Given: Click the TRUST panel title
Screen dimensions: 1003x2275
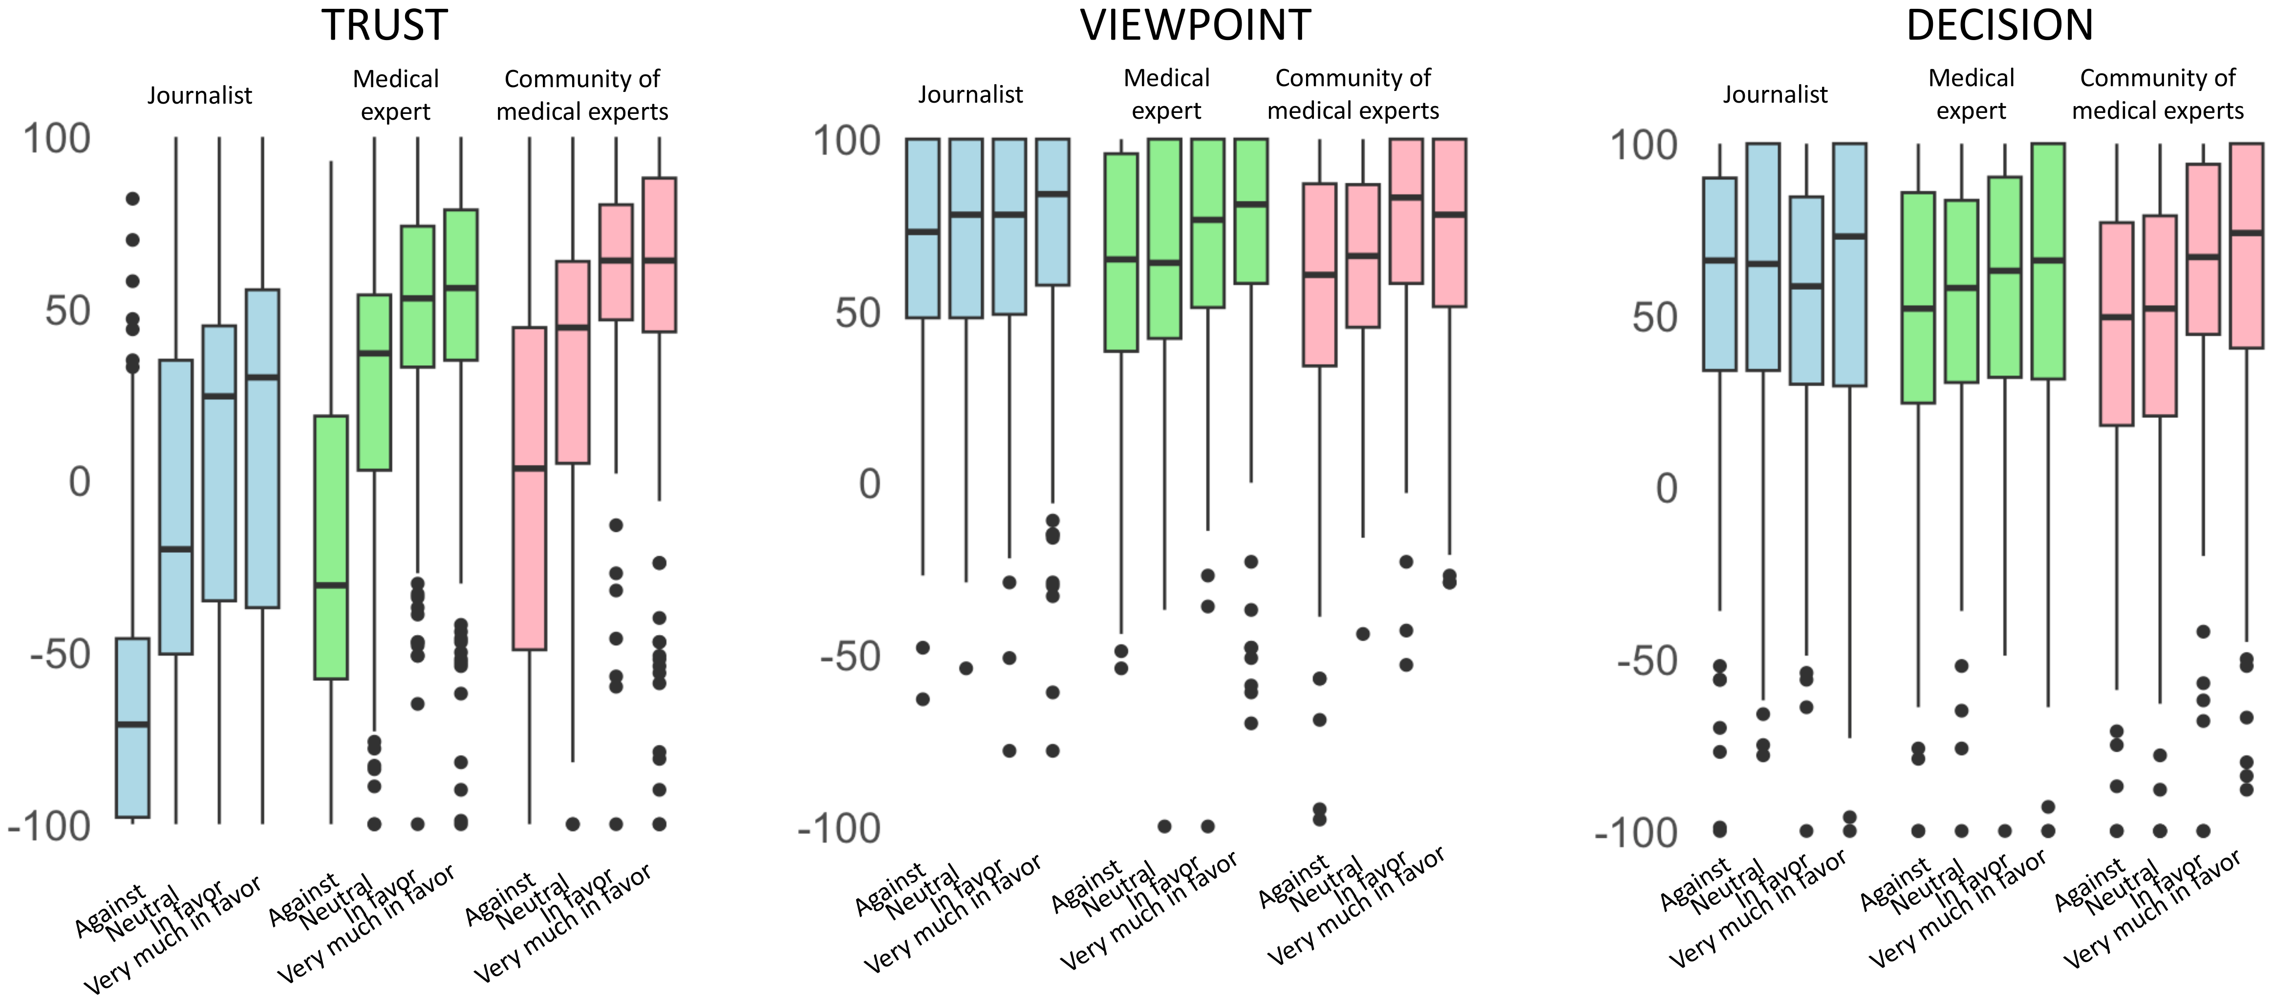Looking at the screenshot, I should click(384, 25).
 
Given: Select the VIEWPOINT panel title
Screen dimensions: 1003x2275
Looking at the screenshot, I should click(1195, 25).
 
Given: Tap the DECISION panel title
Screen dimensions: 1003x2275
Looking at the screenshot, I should click(1999, 25).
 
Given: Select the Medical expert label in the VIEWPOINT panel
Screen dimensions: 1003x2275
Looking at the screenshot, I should click(1166, 94).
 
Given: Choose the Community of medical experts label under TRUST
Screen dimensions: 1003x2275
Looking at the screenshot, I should click(582, 94).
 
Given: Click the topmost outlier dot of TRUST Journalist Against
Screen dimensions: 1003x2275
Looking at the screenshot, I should click(132, 199).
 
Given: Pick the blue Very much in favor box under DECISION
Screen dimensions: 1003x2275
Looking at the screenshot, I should click(1849, 264).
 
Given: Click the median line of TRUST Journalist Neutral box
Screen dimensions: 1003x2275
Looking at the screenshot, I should click(176, 549).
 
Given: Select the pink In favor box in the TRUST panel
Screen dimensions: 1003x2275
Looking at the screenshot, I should click(616, 262).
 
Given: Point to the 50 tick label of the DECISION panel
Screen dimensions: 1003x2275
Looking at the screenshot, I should click(1654, 316).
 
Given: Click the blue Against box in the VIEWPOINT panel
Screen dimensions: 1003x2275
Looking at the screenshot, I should click(923, 228).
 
